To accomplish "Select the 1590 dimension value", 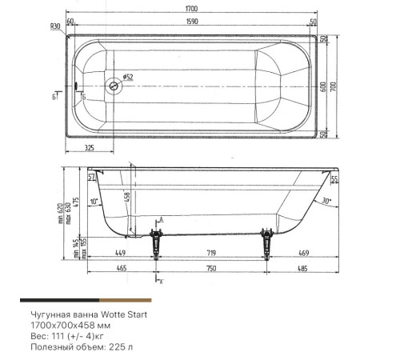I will click(192, 22).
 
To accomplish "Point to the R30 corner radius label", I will click(56, 26).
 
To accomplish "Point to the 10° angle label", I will click(95, 202).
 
